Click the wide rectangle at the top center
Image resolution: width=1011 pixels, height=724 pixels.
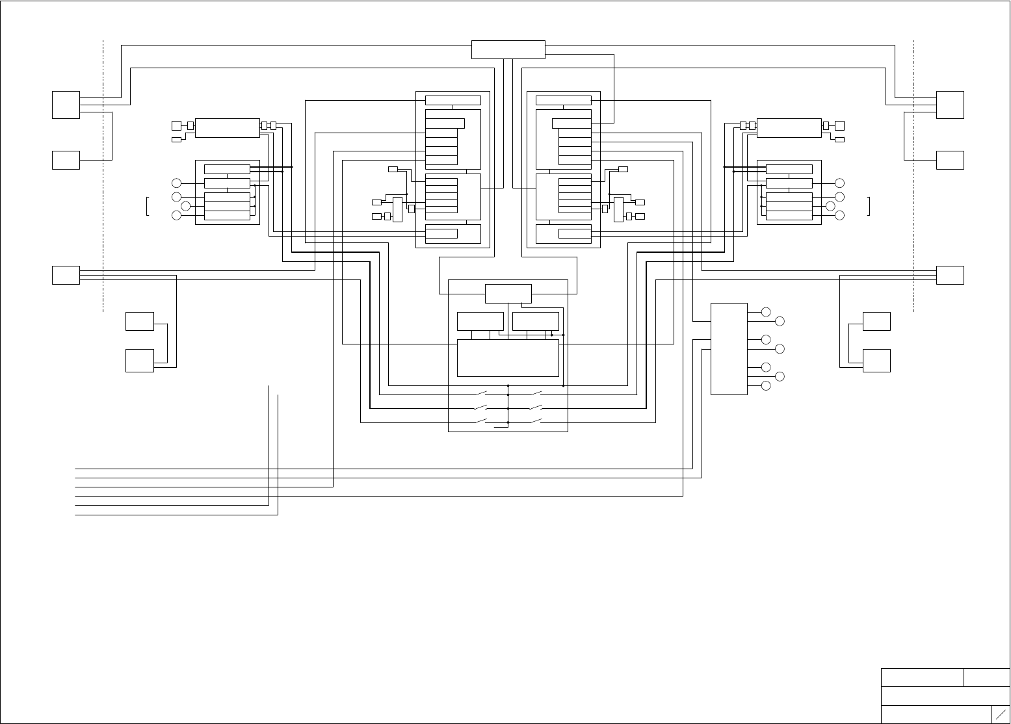pyautogui.click(x=508, y=49)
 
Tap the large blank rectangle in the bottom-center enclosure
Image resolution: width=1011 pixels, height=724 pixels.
pyautogui.click(x=508, y=357)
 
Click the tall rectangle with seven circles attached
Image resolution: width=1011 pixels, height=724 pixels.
pyautogui.click(x=729, y=348)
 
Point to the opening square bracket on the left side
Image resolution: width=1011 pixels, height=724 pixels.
pyautogui.click(x=148, y=205)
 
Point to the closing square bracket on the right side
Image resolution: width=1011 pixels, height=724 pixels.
pyautogui.click(x=869, y=205)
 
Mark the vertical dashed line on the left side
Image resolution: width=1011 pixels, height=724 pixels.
pyautogui.click(x=103, y=175)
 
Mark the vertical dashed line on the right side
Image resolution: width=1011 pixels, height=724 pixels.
pyautogui.click(x=913, y=175)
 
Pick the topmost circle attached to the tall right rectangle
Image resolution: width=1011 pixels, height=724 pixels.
pyautogui.click(x=766, y=312)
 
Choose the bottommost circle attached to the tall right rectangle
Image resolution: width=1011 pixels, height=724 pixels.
pyautogui.click(x=766, y=386)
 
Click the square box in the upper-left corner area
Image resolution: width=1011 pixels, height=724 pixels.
pyautogui.click(x=66, y=105)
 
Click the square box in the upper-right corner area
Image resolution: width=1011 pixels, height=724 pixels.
pyautogui.click(x=950, y=105)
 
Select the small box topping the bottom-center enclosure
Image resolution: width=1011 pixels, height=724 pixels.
pyautogui.click(x=508, y=294)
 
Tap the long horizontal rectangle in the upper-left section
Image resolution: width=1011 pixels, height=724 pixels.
pyautogui.click(x=227, y=128)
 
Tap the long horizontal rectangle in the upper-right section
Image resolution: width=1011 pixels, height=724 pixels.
pyautogui.click(x=789, y=128)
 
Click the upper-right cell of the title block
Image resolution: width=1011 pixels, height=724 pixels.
pyautogui.click(x=986, y=677)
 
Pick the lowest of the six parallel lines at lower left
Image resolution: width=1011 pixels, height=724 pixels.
pyautogui.click(x=176, y=515)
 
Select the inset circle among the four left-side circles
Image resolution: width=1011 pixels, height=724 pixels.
pyautogui.click(x=186, y=206)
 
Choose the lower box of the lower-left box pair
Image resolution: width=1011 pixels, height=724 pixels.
pyautogui.click(x=139, y=361)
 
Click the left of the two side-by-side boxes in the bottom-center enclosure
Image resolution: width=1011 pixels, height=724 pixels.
pyautogui.click(x=480, y=321)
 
